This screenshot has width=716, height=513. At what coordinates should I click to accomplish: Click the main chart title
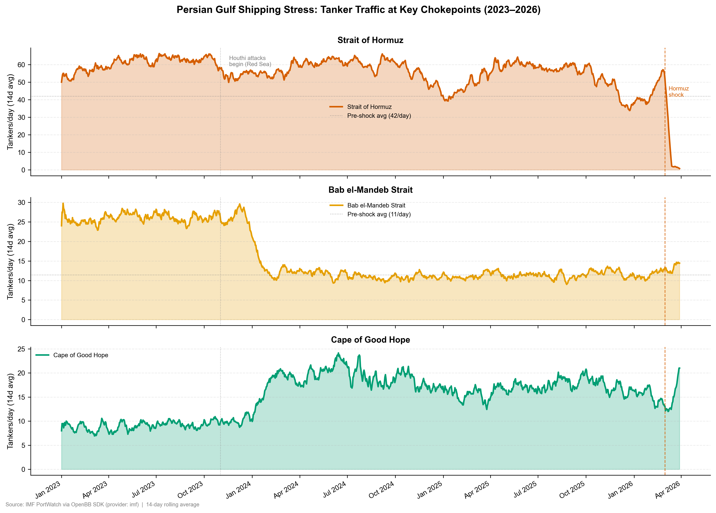coord(358,10)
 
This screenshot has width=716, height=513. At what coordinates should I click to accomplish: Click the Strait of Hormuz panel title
coord(370,40)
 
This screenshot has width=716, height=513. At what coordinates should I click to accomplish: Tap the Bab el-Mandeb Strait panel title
coord(370,190)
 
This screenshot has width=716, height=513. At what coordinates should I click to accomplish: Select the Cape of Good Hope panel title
coord(370,340)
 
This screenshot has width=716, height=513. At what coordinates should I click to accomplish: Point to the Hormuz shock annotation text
coord(679,92)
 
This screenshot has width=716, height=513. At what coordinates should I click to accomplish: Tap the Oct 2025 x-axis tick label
coord(572,490)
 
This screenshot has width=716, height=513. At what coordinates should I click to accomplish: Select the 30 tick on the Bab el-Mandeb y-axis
coord(21,203)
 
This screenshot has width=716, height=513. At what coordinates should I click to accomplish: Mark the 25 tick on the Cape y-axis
coord(21,349)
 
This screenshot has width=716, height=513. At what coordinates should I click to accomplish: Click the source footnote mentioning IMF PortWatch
coord(102,505)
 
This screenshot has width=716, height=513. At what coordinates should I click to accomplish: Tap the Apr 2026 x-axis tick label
coord(668,490)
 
